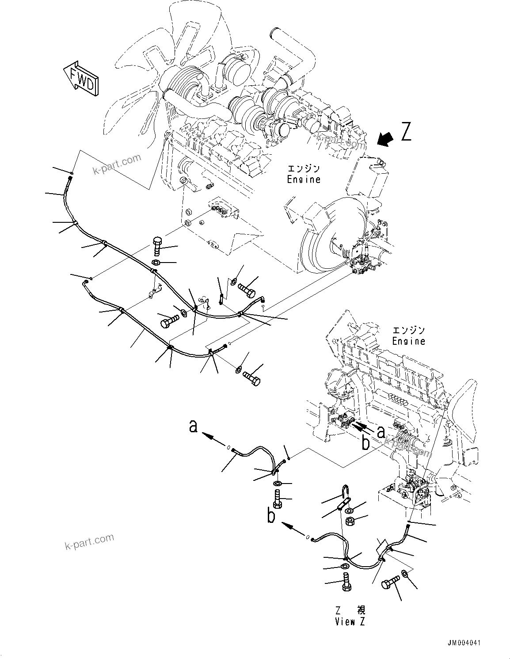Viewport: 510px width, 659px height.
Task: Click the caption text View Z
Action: tap(350, 622)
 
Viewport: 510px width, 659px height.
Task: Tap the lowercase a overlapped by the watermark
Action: tap(381, 431)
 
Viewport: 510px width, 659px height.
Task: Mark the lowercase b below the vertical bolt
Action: tap(271, 516)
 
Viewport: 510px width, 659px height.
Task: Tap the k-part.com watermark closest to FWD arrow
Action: tap(117, 164)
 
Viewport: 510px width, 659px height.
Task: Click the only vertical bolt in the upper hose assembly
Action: tap(158, 247)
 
